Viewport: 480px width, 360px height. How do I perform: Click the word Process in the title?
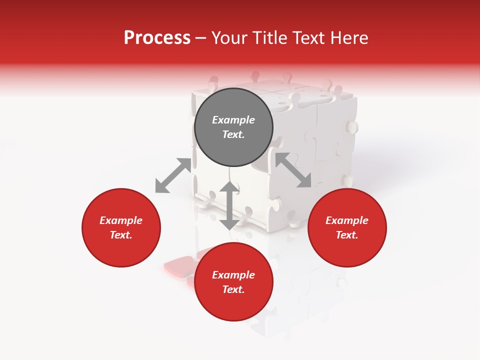point(157,38)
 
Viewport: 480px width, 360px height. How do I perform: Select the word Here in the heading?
point(348,38)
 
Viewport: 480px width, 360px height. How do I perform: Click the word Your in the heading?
point(229,38)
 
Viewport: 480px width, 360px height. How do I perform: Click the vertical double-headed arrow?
point(229,205)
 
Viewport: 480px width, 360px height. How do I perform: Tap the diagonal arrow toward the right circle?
point(293,170)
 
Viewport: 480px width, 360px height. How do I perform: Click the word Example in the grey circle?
point(233,120)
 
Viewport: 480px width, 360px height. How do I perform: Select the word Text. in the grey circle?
point(233,134)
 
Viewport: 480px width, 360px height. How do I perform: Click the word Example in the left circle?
point(121,220)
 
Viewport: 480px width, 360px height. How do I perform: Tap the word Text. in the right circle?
point(347,235)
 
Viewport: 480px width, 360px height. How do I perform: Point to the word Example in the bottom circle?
point(233,275)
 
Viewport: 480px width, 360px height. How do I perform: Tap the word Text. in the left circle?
point(121,235)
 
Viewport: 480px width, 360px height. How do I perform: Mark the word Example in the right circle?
point(347,220)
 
